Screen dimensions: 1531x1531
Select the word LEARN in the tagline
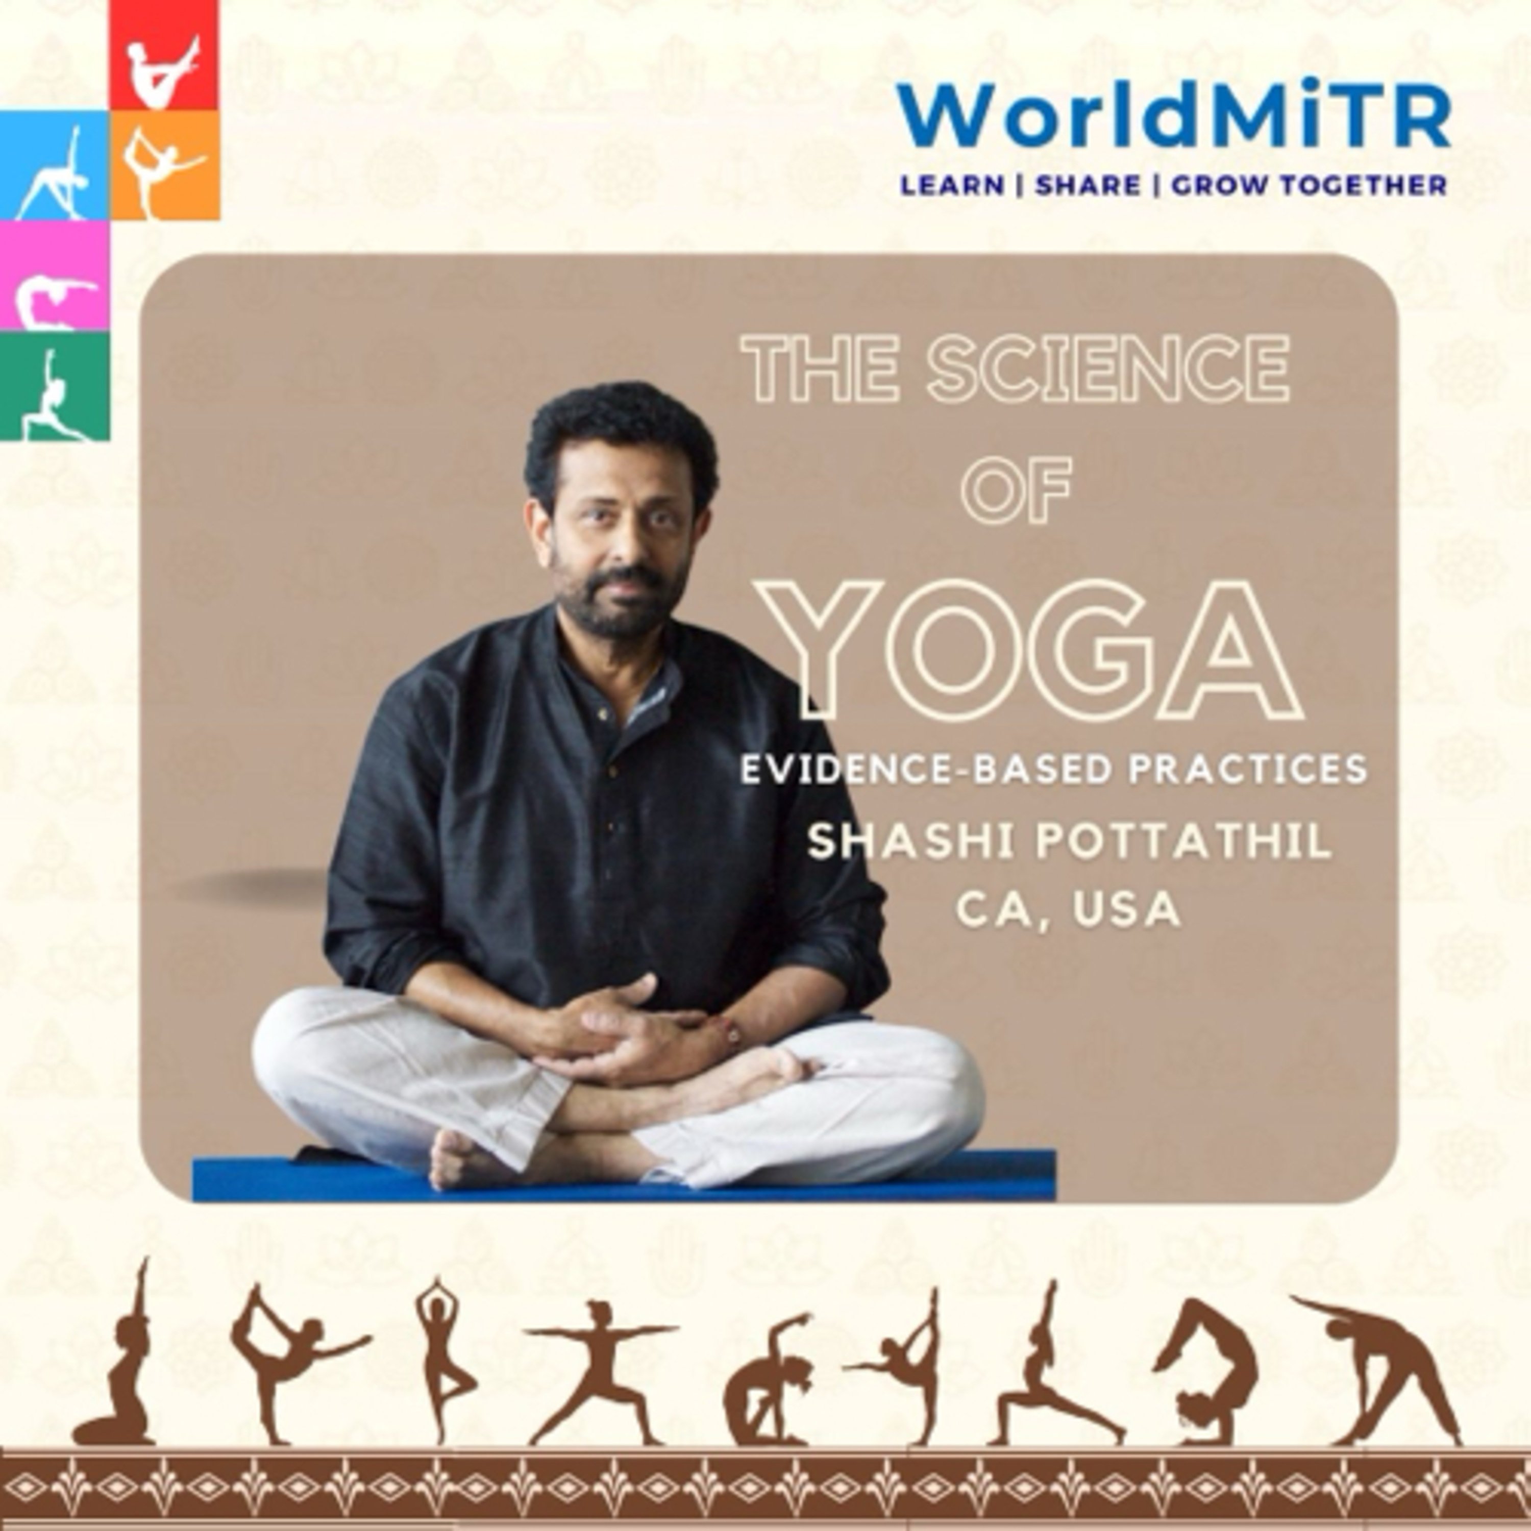pyautogui.click(x=952, y=185)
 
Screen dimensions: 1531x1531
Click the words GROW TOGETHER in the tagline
pyautogui.click(x=1309, y=185)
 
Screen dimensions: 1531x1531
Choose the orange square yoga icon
pyautogui.click(x=165, y=165)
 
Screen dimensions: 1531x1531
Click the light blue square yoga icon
pyautogui.click(x=54, y=165)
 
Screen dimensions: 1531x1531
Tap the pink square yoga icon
pyautogui.click(x=54, y=275)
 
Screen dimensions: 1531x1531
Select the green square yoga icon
pyautogui.click(x=54, y=385)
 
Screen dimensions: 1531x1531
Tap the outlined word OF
pyautogui.click(x=1017, y=488)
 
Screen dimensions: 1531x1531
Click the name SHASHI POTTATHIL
pyautogui.click(x=1069, y=842)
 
